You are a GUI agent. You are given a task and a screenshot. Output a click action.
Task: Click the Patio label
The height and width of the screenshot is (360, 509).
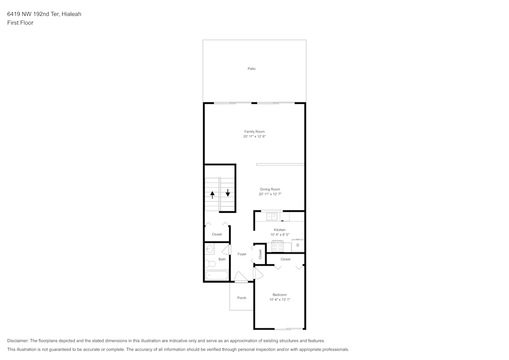tap(251, 69)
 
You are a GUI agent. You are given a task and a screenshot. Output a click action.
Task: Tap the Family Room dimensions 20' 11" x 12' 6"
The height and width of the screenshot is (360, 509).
tap(254, 136)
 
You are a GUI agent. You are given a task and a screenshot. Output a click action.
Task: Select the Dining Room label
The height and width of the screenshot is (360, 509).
tap(270, 189)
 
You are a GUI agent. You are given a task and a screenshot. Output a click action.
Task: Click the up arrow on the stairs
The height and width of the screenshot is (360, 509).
tap(212, 194)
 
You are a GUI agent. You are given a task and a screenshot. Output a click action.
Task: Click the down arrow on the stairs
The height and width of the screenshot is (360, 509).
tap(228, 193)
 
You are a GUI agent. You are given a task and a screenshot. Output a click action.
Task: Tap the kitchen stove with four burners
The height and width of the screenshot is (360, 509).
tap(277, 247)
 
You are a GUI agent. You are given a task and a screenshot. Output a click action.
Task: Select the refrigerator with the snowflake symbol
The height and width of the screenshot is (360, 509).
tap(298, 245)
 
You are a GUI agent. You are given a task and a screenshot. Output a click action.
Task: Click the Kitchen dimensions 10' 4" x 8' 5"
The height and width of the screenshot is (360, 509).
tap(279, 235)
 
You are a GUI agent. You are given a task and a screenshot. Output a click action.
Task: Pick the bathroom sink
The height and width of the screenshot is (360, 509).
tap(209, 249)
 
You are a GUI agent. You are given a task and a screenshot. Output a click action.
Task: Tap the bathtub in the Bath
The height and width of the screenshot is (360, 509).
tap(216, 275)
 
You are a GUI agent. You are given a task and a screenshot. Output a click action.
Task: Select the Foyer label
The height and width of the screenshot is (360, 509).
tap(242, 254)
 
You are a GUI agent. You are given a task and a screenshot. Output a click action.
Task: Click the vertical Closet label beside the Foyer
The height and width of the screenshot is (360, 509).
tap(260, 254)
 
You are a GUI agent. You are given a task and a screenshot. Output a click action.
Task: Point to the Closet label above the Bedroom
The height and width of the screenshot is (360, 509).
tap(286, 259)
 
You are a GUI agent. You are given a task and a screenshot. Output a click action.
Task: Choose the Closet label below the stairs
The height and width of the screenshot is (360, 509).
tap(217, 234)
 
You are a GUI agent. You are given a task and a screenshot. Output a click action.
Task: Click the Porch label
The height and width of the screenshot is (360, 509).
tap(242, 298)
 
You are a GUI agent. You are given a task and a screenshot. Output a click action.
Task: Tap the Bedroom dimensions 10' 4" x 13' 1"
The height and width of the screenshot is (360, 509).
tap(279, 299)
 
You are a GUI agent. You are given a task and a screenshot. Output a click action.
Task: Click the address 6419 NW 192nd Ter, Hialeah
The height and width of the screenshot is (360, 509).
tap(44, 14)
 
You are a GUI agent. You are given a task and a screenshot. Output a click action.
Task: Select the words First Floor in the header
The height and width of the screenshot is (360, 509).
tap(20, 23)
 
